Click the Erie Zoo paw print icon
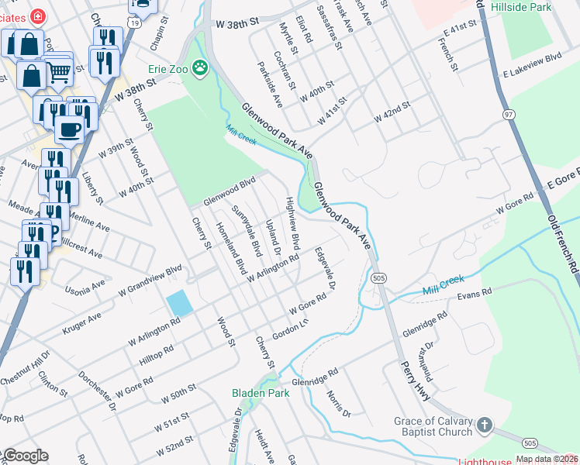pyautogui.click(x=201, y=69)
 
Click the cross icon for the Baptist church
pyautogui.click(x=485, y=425)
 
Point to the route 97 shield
pyautogui.click(x=509, y=115)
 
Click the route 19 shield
pyautogui.click(x=134, y=23)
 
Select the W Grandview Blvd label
pyautogui.click(x=150, y=277)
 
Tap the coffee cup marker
pyautogui.click(x=69, y=129)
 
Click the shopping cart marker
pyautogui.click(x=58, y=73)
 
